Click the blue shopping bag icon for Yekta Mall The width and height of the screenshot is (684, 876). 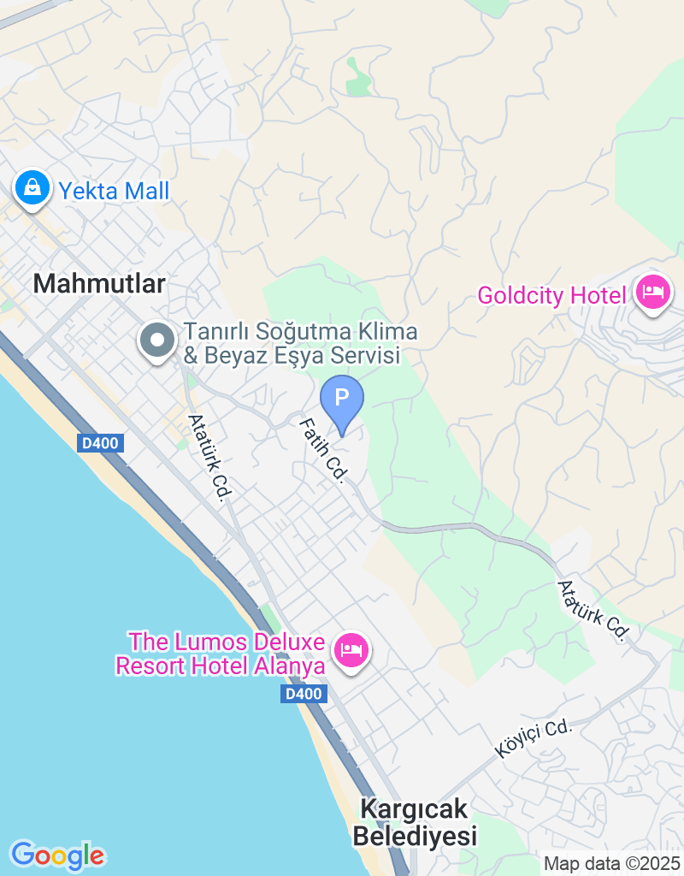pos(32,187)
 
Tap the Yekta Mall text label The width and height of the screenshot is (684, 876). pos(114,190)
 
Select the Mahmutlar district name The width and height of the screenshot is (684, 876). pos(99,284)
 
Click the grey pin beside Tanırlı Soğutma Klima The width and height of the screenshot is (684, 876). pos(156,341)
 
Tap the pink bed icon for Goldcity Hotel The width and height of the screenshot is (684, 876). pos(654,293)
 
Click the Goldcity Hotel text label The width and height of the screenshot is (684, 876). pos(552,296)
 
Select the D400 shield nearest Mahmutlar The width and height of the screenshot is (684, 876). pos(101,443)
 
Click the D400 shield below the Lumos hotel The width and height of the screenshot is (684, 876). pos(304,694)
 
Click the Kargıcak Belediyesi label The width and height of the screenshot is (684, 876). pos(415,821)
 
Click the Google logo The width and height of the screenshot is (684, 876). pos(57,855)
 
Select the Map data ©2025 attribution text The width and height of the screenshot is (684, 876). pos(612,864)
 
